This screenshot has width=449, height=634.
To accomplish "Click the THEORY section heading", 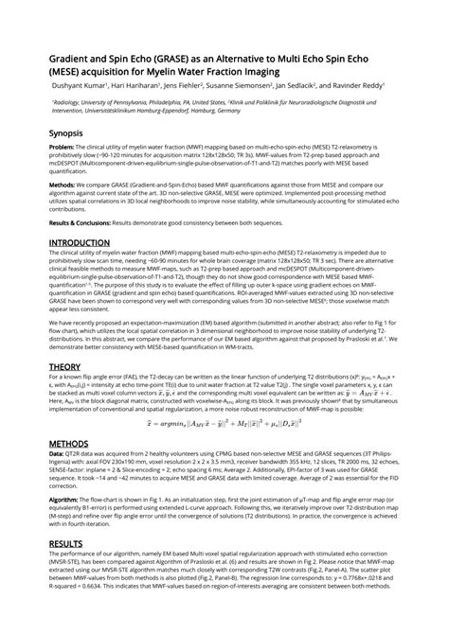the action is (64, 366).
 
